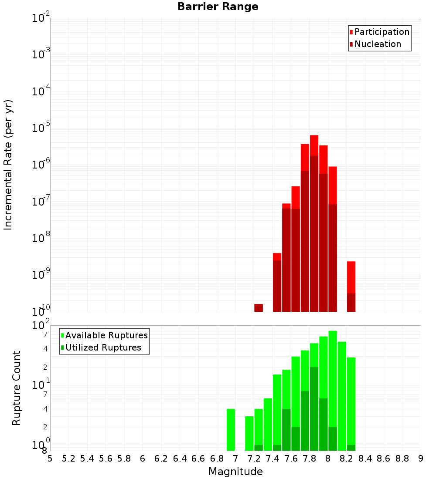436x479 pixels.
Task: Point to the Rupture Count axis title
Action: click(x=17, y=388)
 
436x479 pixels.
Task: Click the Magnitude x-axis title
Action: click(x=235, y=472)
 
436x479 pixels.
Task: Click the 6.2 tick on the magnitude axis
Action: click(x=161, y=458)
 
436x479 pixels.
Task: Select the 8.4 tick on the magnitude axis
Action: click(x=365, y=458)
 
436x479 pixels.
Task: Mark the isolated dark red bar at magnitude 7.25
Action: click(x=259, y=307)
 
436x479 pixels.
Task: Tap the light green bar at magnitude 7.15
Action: click(x=249, y=433)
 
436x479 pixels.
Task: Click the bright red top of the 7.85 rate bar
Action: click(x=314, y=145)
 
